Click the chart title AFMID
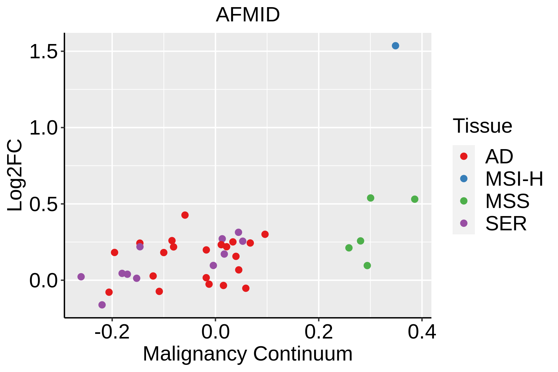pos(248,15)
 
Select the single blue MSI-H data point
pos(395,46)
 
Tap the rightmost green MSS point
pos(414,199)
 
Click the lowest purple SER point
pos(102,305)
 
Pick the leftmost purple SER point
pos(81,277)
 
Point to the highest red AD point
pos(185,215)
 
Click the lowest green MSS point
pos(367,265)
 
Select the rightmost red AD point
pos(265,234)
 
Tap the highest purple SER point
pos(238,232)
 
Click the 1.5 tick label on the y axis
pos(44,52)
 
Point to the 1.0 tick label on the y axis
pos(44,128)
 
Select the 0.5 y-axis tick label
pos(44,204)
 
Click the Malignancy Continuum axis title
pos(247,354)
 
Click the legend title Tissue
pos(482,126)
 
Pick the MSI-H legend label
pos(514,179)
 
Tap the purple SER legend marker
pos(464,223)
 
